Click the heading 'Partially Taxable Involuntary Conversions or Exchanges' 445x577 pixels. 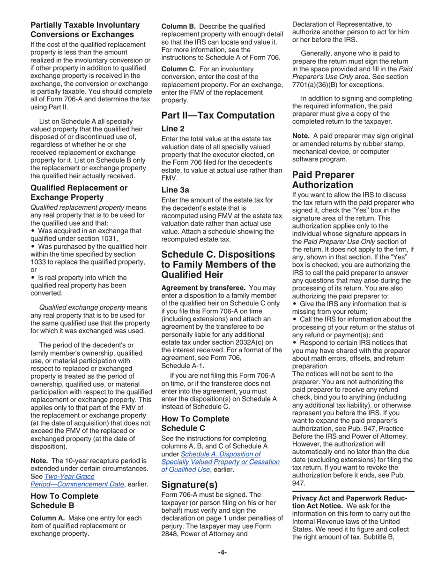coord(85,30)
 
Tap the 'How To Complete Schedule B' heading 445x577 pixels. coord(64,501)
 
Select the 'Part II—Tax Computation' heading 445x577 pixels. coord(218,115)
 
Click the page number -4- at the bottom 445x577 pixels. coord(222,553)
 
